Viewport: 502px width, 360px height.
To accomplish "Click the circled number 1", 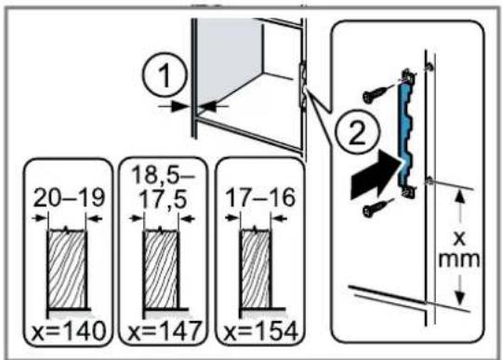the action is pyautogui.click(x=165, y=75).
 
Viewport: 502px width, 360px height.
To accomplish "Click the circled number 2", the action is pyautogui.click(x=357, y=132).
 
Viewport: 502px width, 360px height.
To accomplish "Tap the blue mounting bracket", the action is pyautogui.click(x=405, y=134).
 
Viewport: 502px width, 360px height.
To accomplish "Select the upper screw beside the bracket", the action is pyautogui.click(x=377, y=93).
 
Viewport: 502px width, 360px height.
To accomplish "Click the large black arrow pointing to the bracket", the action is pyautogui.click(x=376, y=176).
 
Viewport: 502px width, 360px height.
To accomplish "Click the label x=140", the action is pyautogui.click(x=69, y=331).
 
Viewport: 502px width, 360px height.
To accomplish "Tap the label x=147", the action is pyautogui.click(x=165, y=331).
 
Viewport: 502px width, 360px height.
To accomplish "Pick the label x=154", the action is pyautogui.click(x=260, y=331).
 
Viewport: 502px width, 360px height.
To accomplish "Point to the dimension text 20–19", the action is pyautogui.click(x=69, y=197).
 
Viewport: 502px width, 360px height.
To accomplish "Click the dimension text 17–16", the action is pyautogui.click(x=260, y=197).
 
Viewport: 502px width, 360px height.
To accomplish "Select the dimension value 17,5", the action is pyautogui.click(x=164, y=199).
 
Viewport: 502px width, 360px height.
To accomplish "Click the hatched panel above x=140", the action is pyautogui.click(x=67, y=269).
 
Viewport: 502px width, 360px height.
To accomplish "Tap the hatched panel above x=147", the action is pyautogui.click(x=161, y=269).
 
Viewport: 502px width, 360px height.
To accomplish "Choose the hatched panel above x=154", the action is pyautogui.click(x=256, y=269).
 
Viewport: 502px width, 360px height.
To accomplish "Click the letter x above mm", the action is pyautogui.click(x=460, y=237).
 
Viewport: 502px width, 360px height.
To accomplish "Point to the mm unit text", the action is pyautogui.click(x=459, y=259).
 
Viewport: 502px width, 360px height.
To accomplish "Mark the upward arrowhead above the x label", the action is pyautogui.click(x=460, y=196).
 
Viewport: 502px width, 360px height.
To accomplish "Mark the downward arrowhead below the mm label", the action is pyautogui.click(x=460, y=298).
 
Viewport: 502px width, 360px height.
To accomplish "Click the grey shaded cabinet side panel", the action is pyautogui.click(x=228, y=58).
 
